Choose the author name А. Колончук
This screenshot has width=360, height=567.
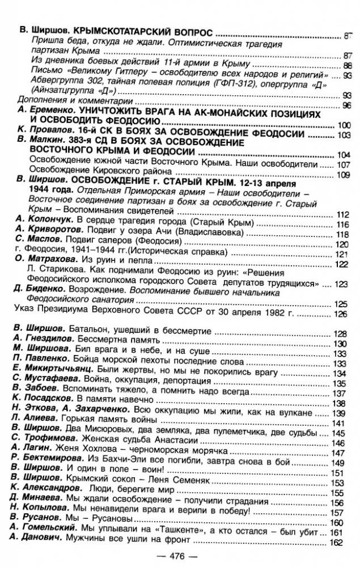pyautogui.click(x=40, y=225)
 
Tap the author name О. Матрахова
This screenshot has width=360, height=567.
pyautogui.click(x=41, y=257)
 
